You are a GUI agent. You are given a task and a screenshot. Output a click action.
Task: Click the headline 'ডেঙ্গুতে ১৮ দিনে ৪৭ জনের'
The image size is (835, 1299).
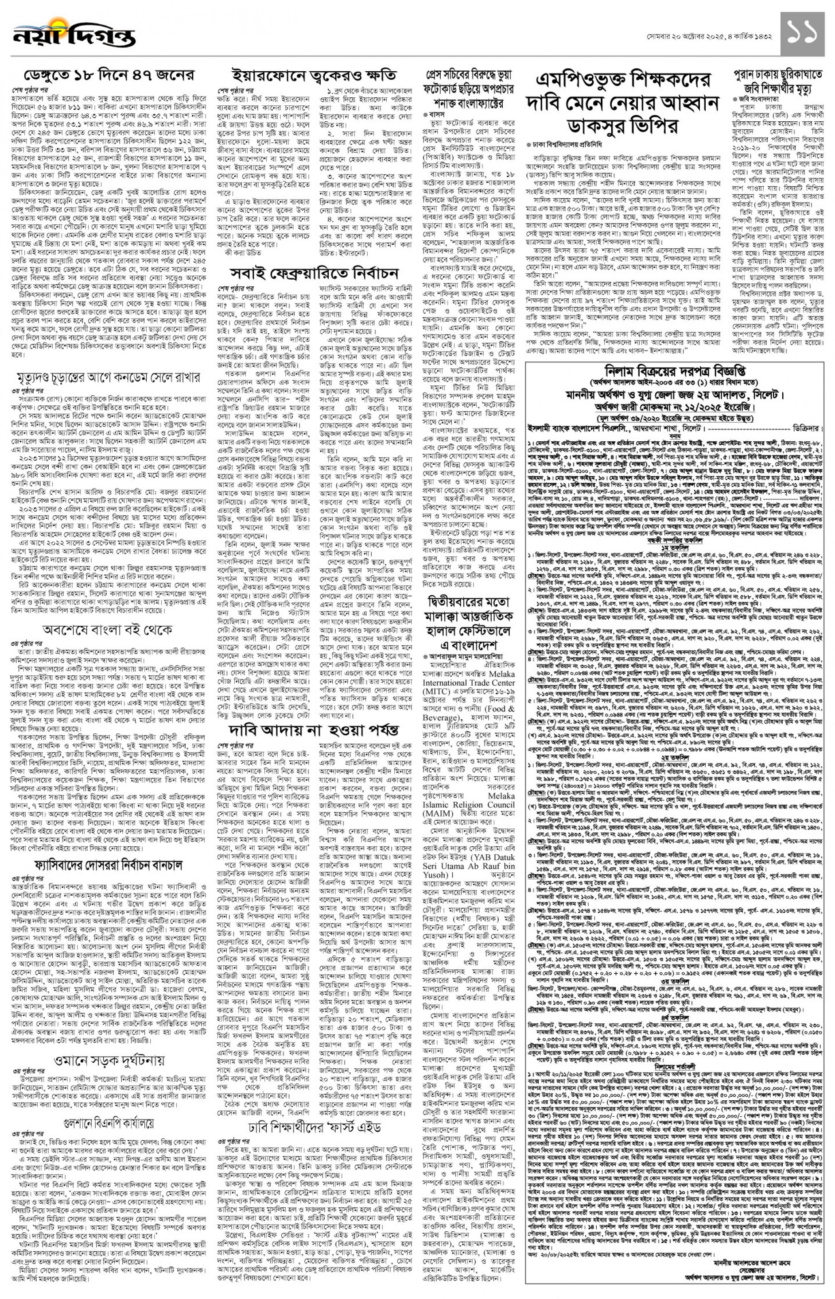109,75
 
